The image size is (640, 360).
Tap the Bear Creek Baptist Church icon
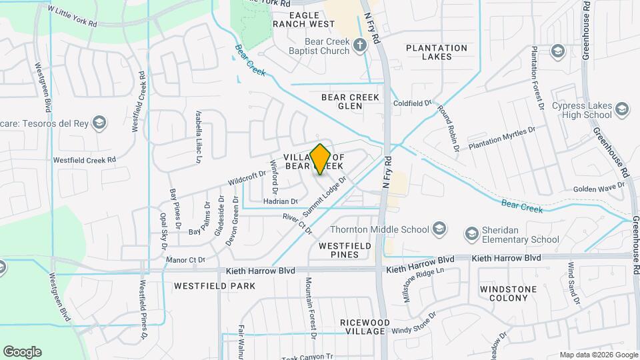tap(360, 46)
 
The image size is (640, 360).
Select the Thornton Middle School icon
tap(439, 229)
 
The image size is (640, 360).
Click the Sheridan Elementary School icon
tap(472, 233)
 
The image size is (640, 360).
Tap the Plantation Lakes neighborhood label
tap(437, 52)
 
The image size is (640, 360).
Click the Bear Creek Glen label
tap(350, 101)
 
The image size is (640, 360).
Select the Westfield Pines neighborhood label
tap(345, 250)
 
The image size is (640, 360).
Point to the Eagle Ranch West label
tap(303, 19)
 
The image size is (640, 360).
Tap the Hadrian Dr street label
tap(280, 201)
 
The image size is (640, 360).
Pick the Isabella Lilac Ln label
tap(198, 137)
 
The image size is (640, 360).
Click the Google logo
tap(22, 352)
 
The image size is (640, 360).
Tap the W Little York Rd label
tap(73, 17)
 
